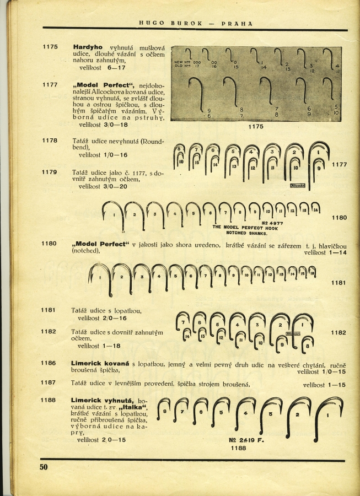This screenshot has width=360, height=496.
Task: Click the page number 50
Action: pos(44,467)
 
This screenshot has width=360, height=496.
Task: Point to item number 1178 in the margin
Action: pos(50,141)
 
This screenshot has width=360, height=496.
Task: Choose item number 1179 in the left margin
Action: pos(50,172)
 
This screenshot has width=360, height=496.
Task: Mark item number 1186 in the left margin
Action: pos(50,364)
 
